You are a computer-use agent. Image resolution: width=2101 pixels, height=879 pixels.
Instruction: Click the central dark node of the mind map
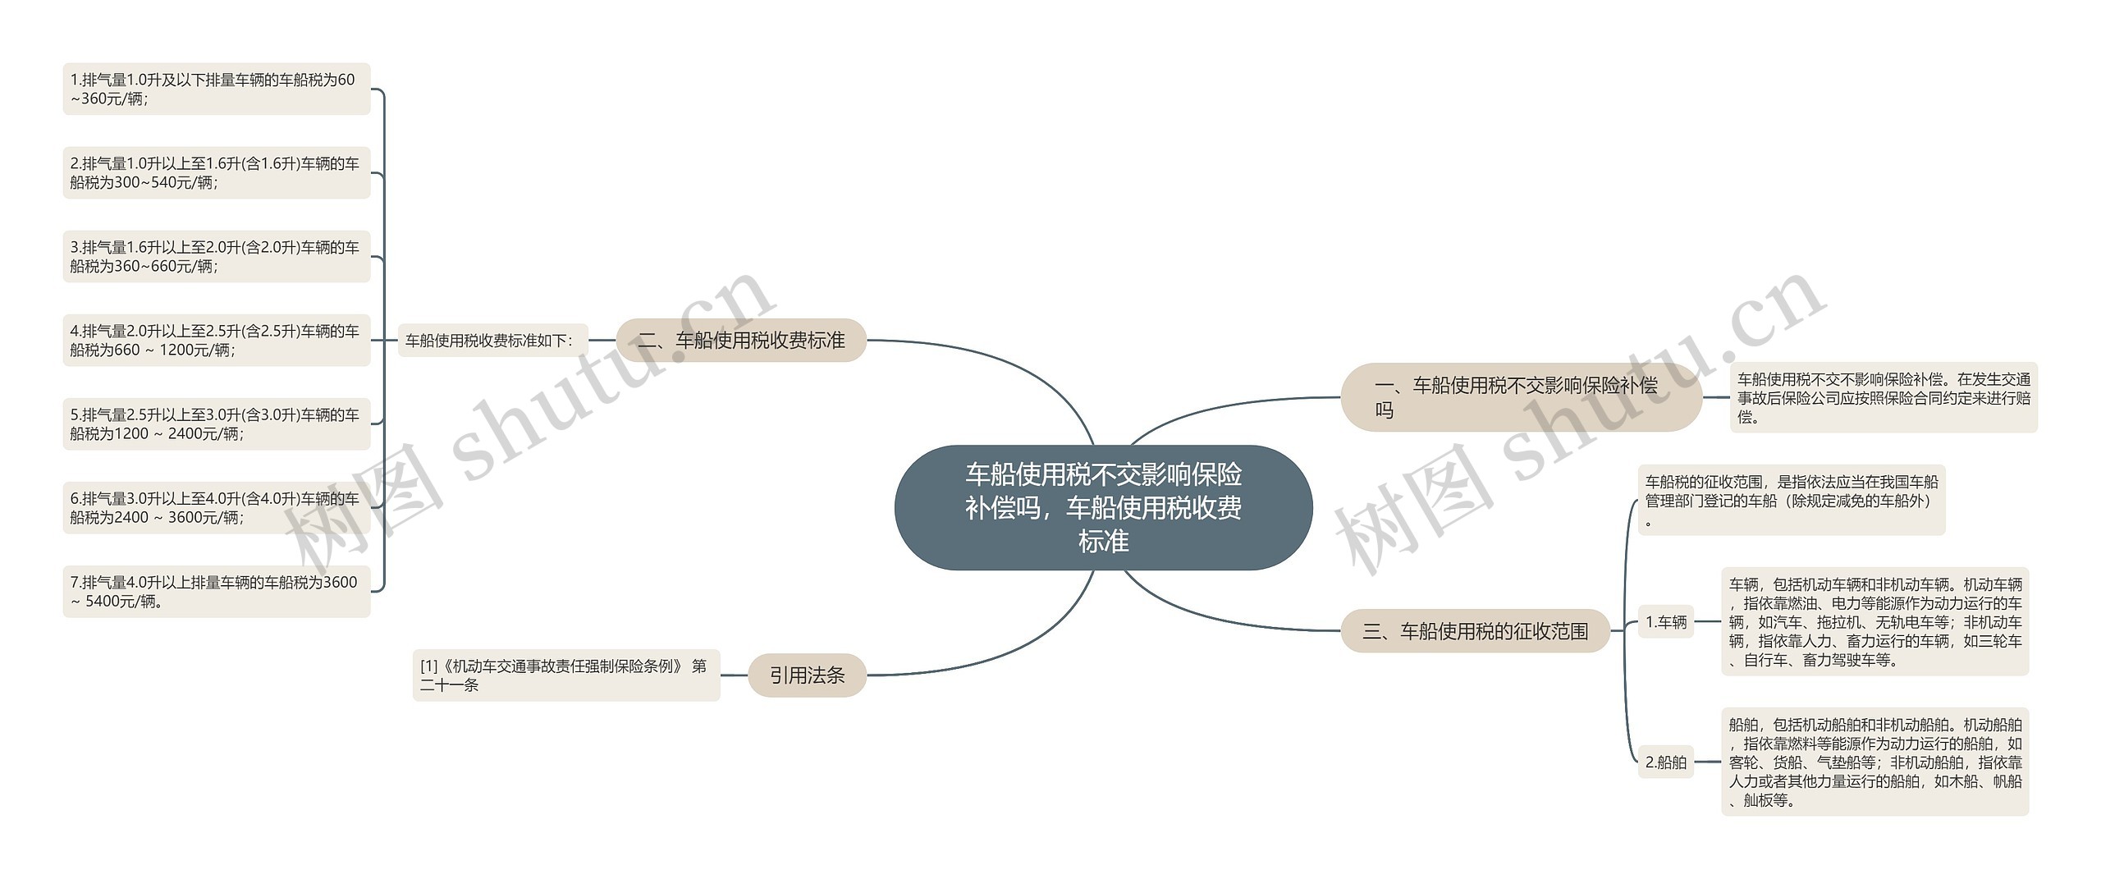click(x=1103, y=507)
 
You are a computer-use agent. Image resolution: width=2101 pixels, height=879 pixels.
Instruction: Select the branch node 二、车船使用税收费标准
click(x=741, y=340)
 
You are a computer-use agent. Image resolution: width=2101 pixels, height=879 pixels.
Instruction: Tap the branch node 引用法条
click(x=807, y=675)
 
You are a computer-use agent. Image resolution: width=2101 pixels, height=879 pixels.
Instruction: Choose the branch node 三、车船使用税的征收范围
click(x=1475, y=630)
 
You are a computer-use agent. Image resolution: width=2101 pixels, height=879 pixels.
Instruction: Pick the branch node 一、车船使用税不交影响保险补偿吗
click(x=1520, y=397)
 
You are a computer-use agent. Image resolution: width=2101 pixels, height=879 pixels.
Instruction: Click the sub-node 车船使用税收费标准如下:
click(x=493, y=340)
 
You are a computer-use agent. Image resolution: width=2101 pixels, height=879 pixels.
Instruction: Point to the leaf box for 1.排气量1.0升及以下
click(x=216, y=89)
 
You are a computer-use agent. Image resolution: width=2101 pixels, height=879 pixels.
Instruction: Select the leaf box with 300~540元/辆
click(x=216, y=172)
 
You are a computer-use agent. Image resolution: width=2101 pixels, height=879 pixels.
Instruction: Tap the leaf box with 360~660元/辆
click(x=216, y=256)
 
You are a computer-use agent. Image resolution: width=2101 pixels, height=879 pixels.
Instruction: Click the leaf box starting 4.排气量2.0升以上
click(x=216, y=340)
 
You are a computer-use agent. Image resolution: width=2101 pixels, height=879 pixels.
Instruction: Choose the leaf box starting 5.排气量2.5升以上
click(x=216, y=423)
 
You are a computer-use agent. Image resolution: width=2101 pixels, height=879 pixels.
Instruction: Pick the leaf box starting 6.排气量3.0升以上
click(x=216, y=507)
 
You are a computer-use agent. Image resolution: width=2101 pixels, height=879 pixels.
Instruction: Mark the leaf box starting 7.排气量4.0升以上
click(x=216, y=591)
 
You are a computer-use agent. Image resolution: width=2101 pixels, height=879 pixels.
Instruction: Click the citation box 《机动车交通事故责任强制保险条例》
click(x=565, y=675)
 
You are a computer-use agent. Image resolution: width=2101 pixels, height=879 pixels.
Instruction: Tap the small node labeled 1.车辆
click(x=1665, y=621)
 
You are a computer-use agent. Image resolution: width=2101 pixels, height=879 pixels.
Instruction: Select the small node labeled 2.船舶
click(x=1665, y=762)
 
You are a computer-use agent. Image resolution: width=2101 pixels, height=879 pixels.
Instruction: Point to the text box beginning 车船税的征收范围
click(x=1791, y=501)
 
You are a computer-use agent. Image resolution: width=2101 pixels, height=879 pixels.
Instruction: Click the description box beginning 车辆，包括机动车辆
click(x=1874, y=621)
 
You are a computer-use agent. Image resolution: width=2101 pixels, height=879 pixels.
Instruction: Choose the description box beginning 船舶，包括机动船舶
click(x=1874, y=762)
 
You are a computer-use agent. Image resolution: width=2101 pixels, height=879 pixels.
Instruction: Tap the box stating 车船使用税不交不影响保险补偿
click(x=1884, y=397)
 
